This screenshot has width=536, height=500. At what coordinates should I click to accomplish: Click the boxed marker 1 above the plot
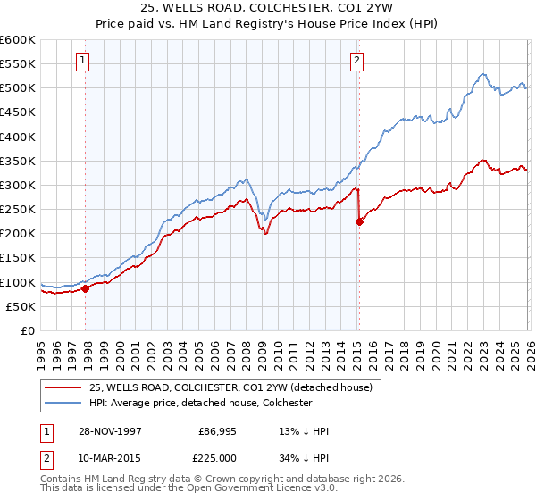pyautogui.click(x=82, y=61)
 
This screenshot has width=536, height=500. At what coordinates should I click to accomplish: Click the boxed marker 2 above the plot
pyautogui.click(x=356, y=61)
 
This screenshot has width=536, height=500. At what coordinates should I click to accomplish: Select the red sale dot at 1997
pyautogui.click(x=86, y=288)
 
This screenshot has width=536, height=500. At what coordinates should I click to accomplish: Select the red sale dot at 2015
pyautogui.click(x=359, y=222)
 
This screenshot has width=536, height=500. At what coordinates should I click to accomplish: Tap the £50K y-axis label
pyautogui.click(x=20, y=306)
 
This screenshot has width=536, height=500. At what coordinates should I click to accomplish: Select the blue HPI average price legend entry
pyautogui.click(x=199, y=403)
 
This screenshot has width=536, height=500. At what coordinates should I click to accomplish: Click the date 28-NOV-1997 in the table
pyautogui.click(x=111, y=431)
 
